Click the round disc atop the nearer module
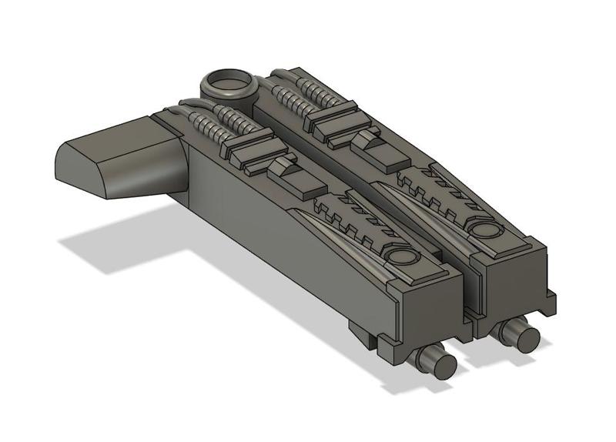[x=400, y=257]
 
